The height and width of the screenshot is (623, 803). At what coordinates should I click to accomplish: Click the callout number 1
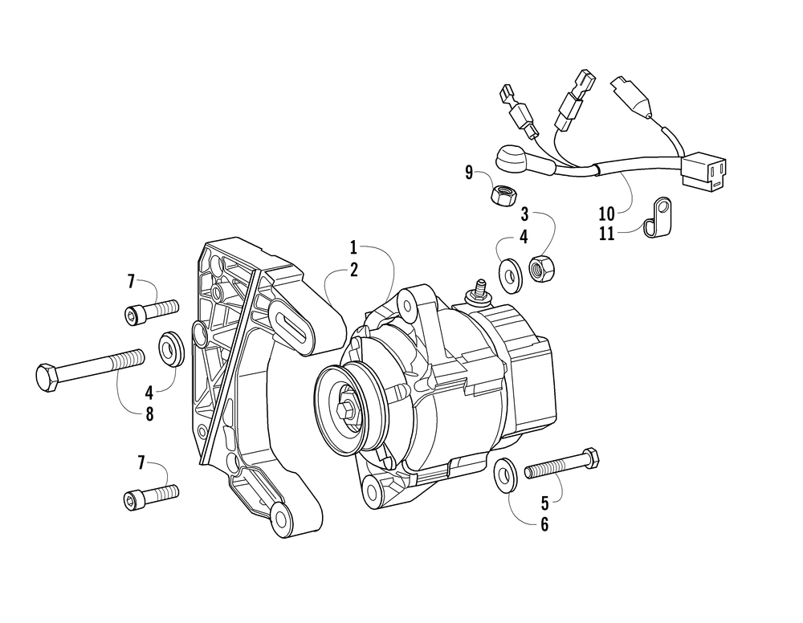pyautogui.click(x=353, y=246)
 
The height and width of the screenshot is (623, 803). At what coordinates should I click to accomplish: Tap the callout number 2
pyautogui.click(x=353, y=271)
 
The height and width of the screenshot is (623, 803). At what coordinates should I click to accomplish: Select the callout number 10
pyautogui.click(x=606, y=214)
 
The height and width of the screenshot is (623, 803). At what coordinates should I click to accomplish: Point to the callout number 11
pyautogui.click(x=606, y=234)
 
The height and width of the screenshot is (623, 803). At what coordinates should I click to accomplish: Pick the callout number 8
pyautogui.click(x=149, y=415)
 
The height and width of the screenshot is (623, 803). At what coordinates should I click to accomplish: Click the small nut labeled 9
pyautogui.click(x=503, y=194)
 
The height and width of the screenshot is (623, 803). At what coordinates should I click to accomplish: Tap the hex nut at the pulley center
pyautogui.click(x=347, y=409)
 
